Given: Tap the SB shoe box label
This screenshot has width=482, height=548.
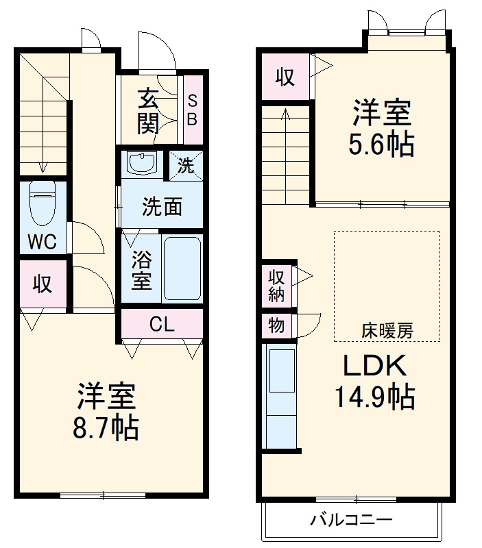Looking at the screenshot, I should point(193,110).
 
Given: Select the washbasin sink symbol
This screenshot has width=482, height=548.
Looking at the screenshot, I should point(142,164).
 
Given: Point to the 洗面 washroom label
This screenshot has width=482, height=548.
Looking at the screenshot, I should point(162,206).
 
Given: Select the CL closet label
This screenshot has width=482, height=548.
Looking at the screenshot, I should point(162,324).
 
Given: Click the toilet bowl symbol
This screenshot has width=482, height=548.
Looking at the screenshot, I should point(43,202).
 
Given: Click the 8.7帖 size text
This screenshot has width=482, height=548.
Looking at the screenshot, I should point(106,429).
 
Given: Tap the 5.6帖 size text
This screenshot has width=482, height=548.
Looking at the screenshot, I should point(383,145).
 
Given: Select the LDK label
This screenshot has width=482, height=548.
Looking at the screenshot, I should point(375,366).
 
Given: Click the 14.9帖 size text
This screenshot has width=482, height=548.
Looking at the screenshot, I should point(374,395).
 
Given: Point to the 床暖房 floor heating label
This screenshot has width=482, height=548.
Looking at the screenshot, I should point(387,331).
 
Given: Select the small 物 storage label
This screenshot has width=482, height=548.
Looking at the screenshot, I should point(276,325).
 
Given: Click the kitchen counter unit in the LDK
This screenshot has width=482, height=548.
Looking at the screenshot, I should point(280,397).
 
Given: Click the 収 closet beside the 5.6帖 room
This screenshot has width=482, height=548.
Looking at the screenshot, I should point(285,77).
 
